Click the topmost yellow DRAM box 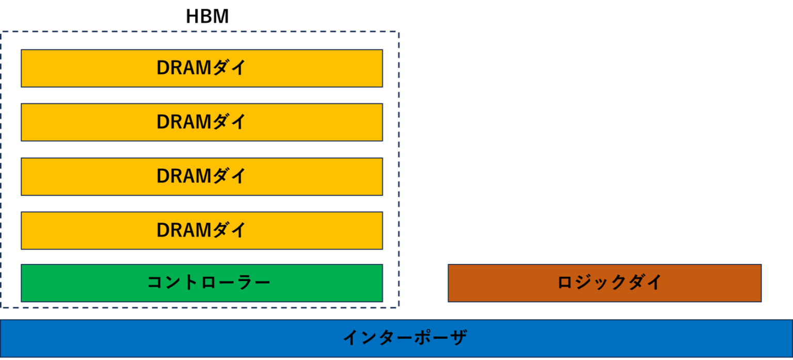(201, 68)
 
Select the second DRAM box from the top (201, 122)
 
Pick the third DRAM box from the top (201, 176)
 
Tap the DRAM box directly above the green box (201, 230)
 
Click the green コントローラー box (201, 283)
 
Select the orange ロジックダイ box (604, 283)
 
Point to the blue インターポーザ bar (396, 338)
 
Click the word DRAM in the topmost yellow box (184, 68)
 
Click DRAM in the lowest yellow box (184, 230)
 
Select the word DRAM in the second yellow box (184, 122)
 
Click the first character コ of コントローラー (155, 283)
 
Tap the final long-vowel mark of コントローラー (262, 283)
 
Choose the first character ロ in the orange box (565, 283)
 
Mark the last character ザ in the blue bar (458, 338)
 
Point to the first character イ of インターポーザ (352, 338)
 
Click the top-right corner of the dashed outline (399, 32)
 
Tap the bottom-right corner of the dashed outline (399, 308)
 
